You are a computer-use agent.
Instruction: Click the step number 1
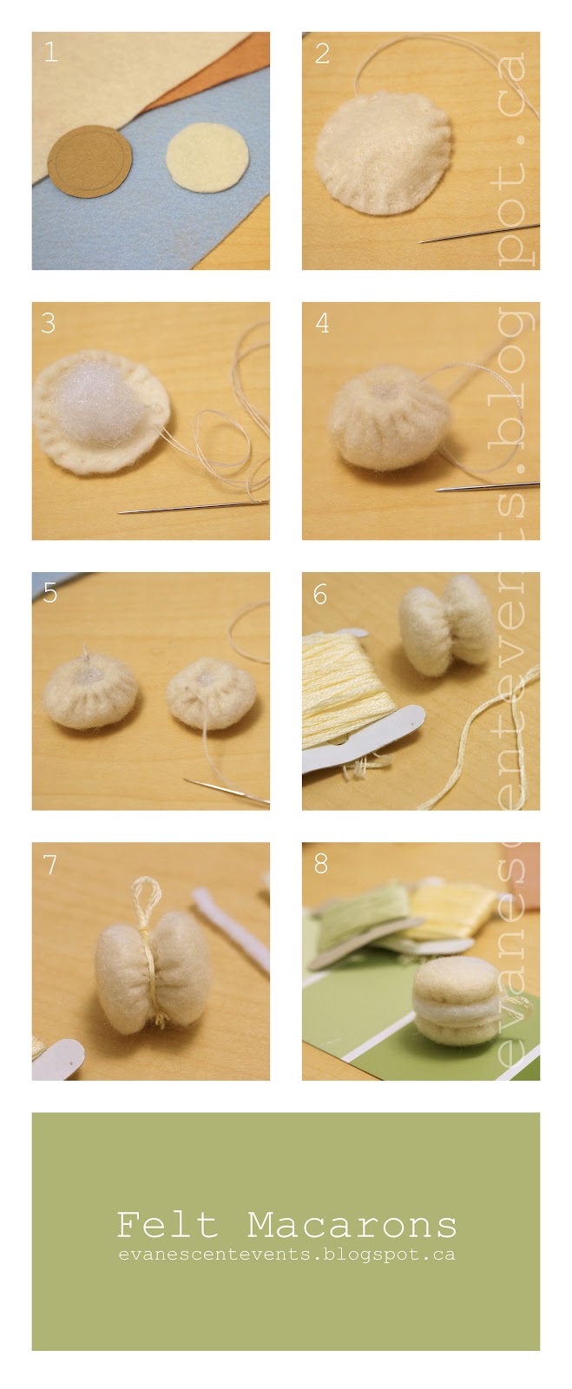(x=51, y=52)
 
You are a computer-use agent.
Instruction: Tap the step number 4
(x=322, y=323)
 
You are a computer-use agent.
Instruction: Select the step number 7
(x=49, y=864)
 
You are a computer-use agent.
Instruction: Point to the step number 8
(x=320, y=863)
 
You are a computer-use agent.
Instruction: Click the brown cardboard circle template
(x=89, y=161)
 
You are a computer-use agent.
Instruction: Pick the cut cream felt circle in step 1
(x=207, y=157)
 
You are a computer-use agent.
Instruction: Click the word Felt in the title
(x=168, y=1225)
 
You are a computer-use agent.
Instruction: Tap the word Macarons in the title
(x=352, y=1225)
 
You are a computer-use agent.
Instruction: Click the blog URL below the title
(x=287, y=1254)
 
